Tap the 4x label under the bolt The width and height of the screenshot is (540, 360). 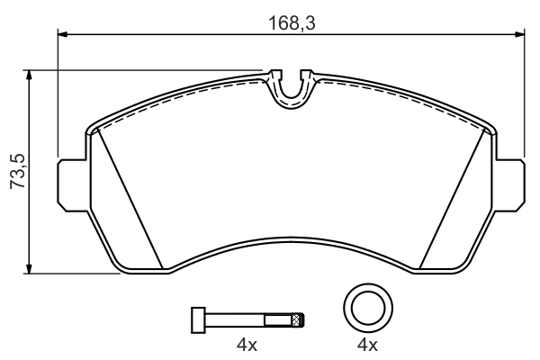[247, 345]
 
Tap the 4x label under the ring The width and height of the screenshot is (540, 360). [367, 345]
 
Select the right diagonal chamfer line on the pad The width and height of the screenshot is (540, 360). [454, 198]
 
